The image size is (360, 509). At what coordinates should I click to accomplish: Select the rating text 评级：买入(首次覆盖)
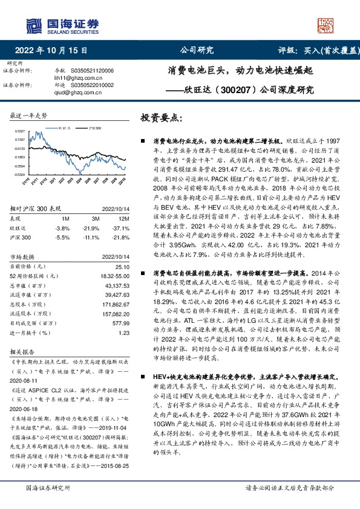click(317, 51)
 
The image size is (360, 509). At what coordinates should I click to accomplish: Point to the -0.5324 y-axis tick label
click(19, 174)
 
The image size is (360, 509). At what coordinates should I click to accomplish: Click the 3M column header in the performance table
click(96, 218)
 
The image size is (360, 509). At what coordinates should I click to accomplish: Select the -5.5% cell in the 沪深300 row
click(62, 238)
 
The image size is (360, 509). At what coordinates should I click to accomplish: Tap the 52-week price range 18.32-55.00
click(114, 276)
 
